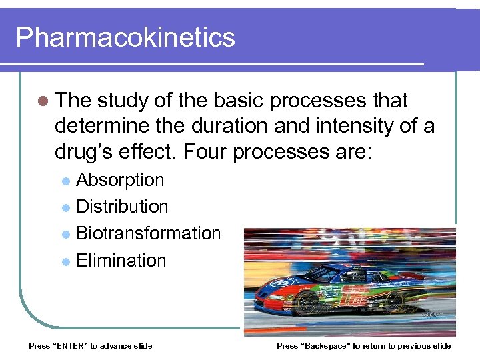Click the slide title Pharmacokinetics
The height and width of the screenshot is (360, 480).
tap(125, 37)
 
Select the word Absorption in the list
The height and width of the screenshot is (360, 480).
tap(120, 180)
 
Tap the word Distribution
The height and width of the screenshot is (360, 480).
tap(122, 207)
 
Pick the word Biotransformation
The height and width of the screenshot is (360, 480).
tap(148, 233)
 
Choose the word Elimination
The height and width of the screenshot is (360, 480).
tap(121, 260)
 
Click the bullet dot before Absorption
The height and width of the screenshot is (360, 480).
tap(65, 181)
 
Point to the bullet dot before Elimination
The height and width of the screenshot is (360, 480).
tap(65, 261)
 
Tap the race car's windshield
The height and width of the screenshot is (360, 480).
tap(326, 273)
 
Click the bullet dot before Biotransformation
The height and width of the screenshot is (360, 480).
tap(65, 235)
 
